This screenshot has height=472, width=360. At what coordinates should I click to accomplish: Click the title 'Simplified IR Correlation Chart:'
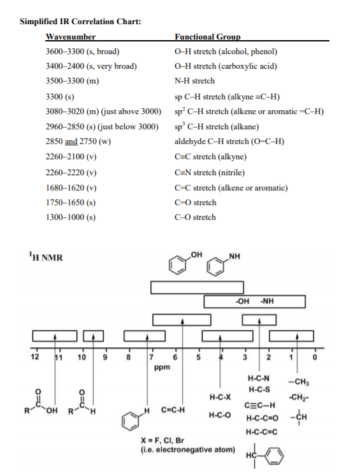(80, 22)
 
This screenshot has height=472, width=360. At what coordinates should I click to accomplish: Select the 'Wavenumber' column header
(71, 37)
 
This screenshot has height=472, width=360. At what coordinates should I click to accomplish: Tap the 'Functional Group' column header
(207, 37)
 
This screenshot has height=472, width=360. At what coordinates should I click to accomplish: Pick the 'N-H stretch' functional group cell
(194, 81)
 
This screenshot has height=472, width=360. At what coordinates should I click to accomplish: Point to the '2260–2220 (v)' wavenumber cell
(71, 173)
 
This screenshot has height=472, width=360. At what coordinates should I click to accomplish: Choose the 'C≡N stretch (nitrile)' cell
(210, 173)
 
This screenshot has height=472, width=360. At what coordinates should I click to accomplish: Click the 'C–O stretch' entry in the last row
(195, 217)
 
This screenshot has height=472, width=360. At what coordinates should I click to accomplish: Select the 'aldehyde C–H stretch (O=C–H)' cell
(229, 141)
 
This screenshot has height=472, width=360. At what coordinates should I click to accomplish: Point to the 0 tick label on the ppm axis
(313, 356)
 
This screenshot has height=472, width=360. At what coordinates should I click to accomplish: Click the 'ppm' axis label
(162, 368)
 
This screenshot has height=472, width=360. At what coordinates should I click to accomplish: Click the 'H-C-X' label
(219, 397)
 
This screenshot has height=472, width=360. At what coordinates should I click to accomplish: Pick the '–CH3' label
(299, 382)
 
